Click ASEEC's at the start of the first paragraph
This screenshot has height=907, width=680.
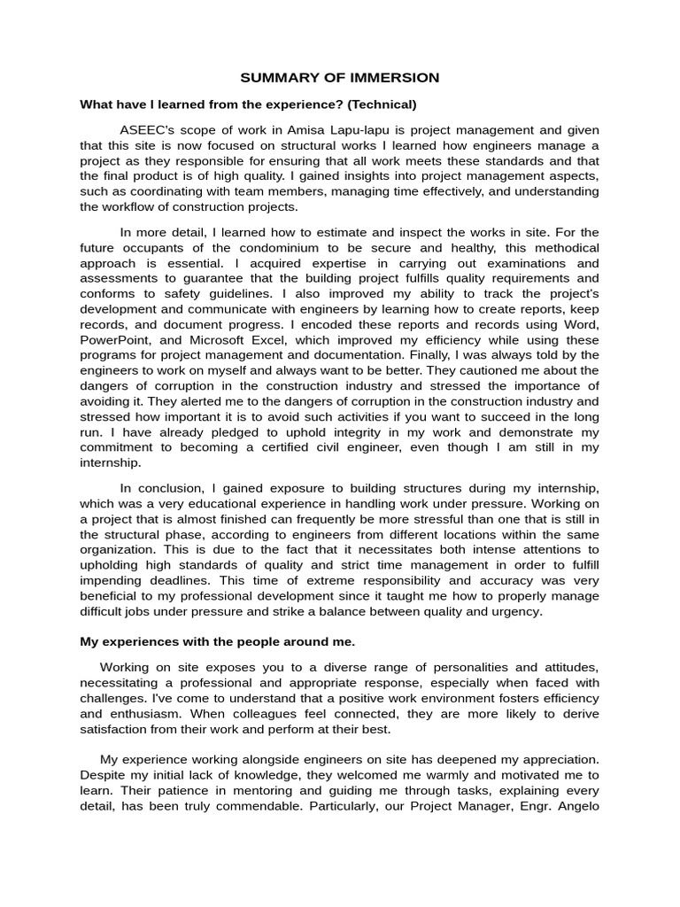click(149, 130)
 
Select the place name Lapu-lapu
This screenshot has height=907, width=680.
click(355, 130)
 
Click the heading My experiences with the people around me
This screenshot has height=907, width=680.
click(217, 641)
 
